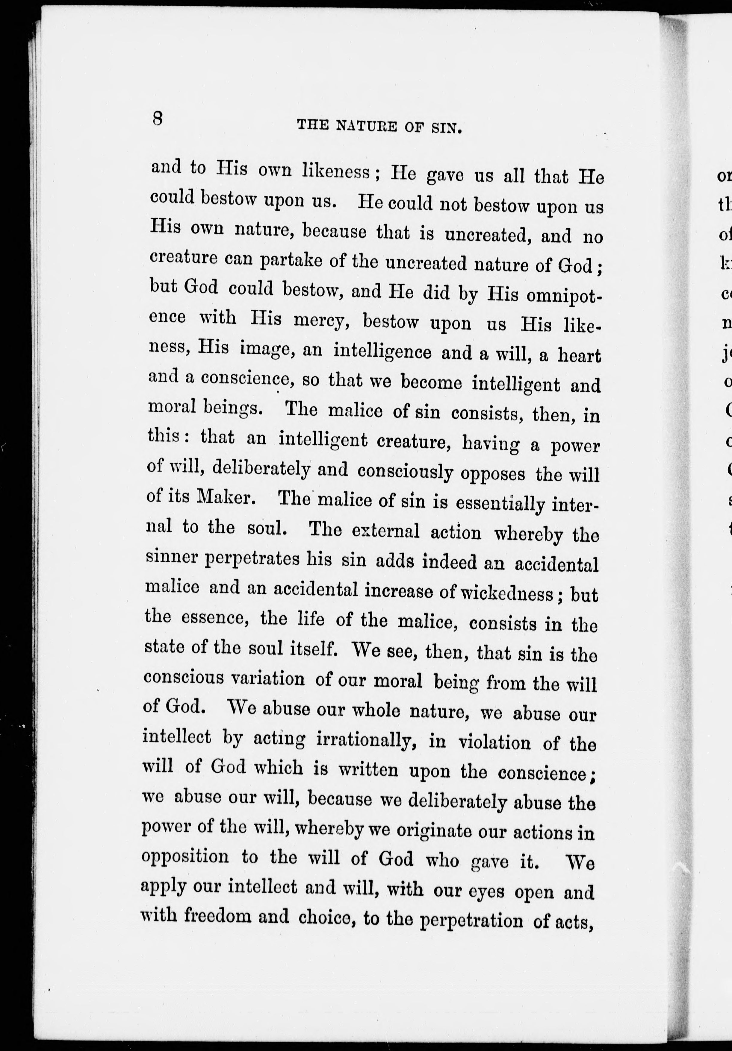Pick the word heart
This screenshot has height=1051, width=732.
[579, 356]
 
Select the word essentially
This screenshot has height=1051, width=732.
[500, 504]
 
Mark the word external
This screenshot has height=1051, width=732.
[386, 531]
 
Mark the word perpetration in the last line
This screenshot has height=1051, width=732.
[471, 920]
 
